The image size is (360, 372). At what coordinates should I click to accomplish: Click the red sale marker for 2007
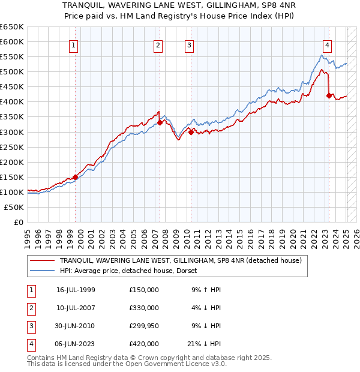click(160, 123)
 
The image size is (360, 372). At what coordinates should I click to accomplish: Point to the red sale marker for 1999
click(76, 177)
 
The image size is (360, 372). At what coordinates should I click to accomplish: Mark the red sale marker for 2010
click(191, 132)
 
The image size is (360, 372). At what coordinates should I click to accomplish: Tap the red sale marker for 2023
click(329, 95)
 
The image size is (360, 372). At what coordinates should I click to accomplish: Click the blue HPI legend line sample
click(43, 271)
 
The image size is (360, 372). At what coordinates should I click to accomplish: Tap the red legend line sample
click(43, 260)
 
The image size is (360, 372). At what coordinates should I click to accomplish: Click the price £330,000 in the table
click(144, 308)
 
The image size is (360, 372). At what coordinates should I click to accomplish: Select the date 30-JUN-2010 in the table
click(76, 326)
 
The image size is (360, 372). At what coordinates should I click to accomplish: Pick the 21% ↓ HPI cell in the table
click(203, 344)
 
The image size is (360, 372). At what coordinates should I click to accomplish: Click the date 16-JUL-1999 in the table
click(76, 290)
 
